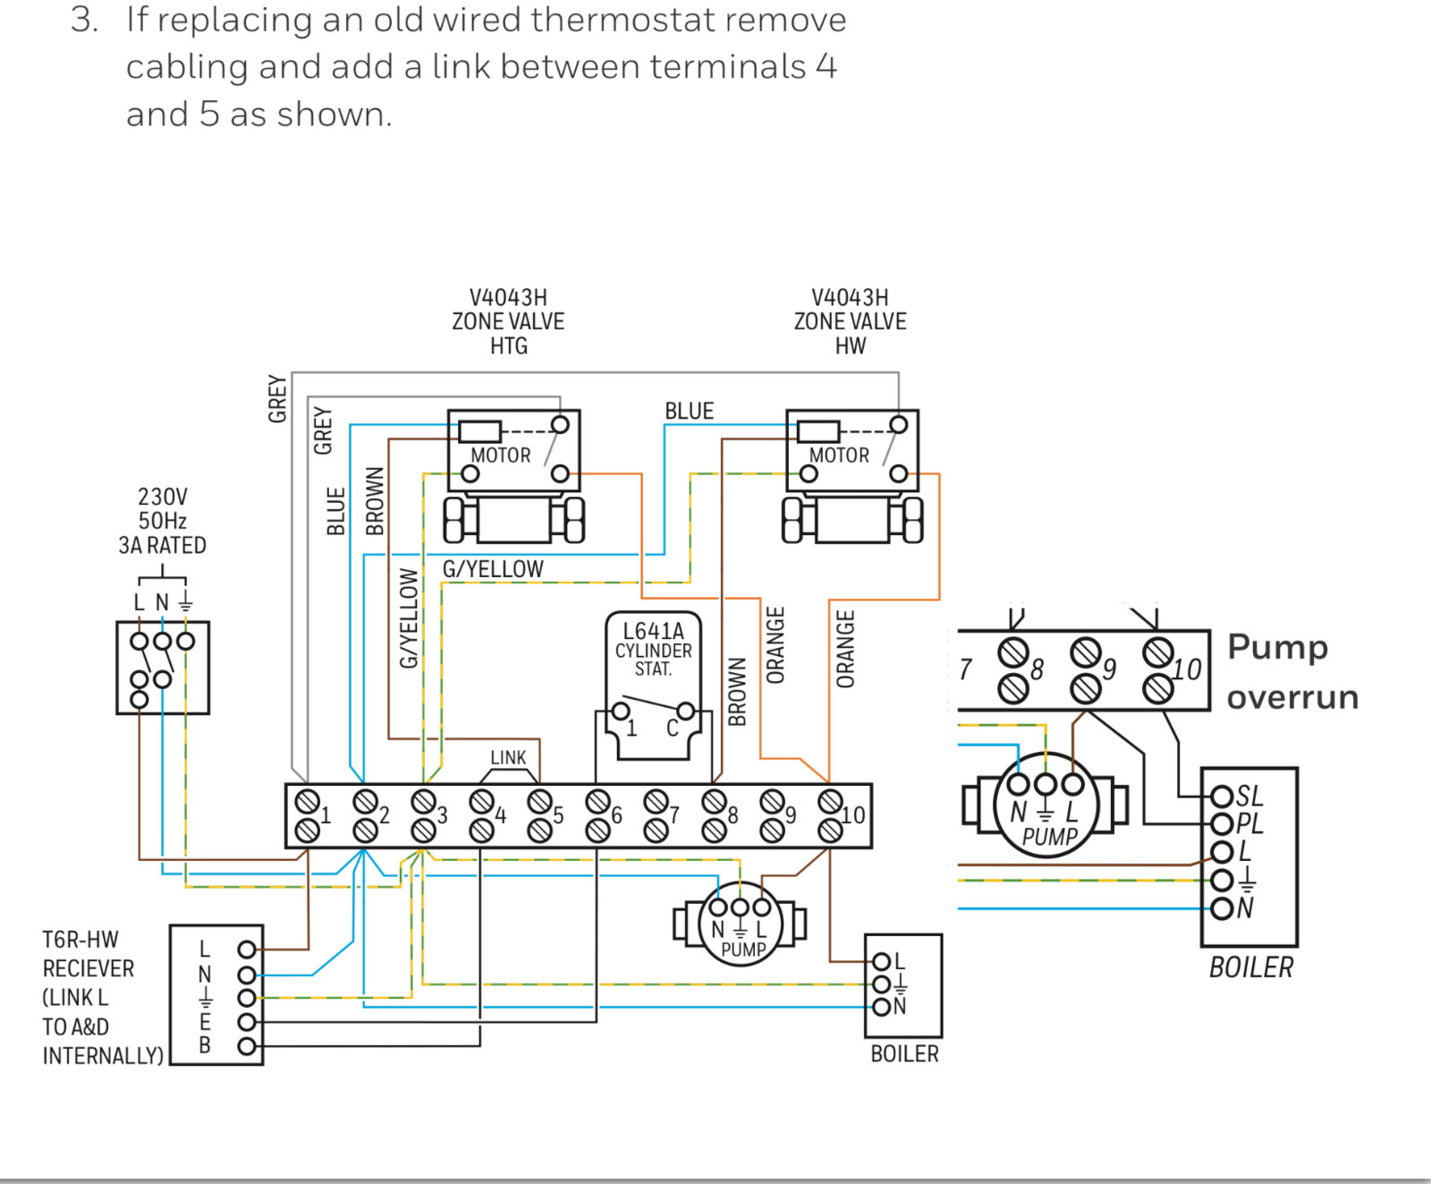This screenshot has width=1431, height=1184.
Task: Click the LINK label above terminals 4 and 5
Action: click(508, 758)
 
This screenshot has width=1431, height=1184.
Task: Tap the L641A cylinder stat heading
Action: click(653, 631)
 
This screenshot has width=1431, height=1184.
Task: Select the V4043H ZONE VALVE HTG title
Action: click(508, 321)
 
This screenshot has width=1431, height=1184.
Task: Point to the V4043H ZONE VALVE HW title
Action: click(850, 321)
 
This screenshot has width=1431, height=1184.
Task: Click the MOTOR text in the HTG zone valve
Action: click(501, 456)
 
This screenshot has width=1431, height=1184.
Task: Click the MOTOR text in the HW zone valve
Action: click(839, 456)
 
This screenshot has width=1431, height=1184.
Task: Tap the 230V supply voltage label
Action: click(163, 497)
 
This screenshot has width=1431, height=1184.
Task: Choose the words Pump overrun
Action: click(1292, 671)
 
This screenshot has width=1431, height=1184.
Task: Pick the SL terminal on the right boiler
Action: click(1249, 796)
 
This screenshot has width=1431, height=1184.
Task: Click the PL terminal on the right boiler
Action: click(1249, 822)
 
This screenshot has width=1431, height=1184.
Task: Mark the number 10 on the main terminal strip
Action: click(853, 815)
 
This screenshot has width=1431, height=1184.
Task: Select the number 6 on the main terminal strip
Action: click(616, 815)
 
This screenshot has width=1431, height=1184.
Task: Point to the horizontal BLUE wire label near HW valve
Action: click(689, 412)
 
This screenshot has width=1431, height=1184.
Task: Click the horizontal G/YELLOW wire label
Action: click(493, 569)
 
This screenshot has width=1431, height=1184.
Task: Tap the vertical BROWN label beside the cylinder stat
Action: click(737, 692)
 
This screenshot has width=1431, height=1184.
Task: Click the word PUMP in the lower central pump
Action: click(743, 950)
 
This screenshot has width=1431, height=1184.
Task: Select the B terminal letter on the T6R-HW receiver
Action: click(205, 1045)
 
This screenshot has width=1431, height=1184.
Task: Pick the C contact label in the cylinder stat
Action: click(673, 728)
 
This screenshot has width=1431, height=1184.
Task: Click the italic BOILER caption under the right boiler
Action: click(1250, 967)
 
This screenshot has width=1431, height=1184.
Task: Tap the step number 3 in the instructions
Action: click(83, 20)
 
